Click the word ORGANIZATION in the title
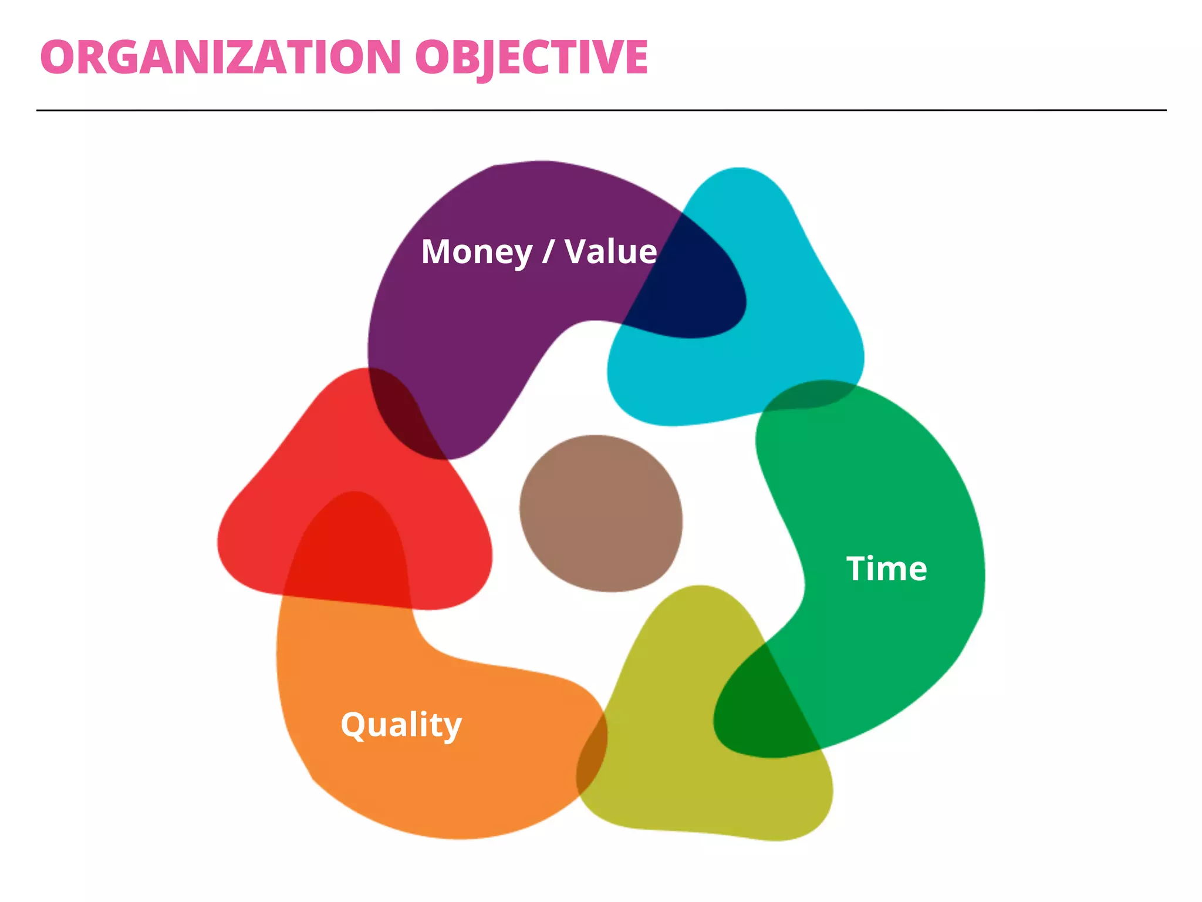click(x=221, y=58)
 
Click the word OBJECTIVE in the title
click(x=531, y=58)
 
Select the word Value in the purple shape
click(x=610, y=252)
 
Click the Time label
click(x=886, y=568)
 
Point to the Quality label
click(x=401, y=725)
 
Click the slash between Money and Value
click(x=548, y=252)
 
